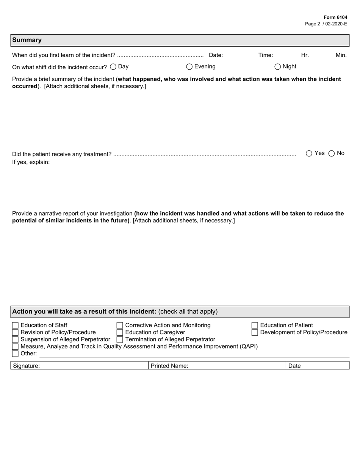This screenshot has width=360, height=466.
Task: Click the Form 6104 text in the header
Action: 335,17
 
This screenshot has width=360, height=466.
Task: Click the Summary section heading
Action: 27,40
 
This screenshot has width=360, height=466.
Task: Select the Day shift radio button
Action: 113,67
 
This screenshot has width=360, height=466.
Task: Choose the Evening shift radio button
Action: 189,67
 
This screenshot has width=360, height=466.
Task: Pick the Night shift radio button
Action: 278,67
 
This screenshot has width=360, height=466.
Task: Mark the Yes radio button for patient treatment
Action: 309,153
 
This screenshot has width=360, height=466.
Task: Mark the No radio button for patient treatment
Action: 332,153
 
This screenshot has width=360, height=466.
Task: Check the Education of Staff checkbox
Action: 15,325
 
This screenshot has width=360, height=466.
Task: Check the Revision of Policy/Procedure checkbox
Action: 15,332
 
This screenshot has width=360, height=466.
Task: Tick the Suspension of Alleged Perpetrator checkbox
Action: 15,339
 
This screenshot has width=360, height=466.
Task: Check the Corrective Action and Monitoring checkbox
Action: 120,325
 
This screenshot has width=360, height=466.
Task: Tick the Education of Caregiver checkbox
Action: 120,332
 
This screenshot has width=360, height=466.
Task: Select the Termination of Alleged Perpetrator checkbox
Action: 120,339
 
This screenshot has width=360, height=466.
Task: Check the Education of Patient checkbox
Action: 255,325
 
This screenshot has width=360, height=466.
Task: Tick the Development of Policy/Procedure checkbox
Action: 255,332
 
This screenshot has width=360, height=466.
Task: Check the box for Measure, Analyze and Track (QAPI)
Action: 15,347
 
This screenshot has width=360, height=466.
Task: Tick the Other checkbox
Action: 15,353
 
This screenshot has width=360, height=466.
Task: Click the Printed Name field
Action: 235,366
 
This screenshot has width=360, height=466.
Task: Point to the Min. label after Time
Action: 341,55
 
